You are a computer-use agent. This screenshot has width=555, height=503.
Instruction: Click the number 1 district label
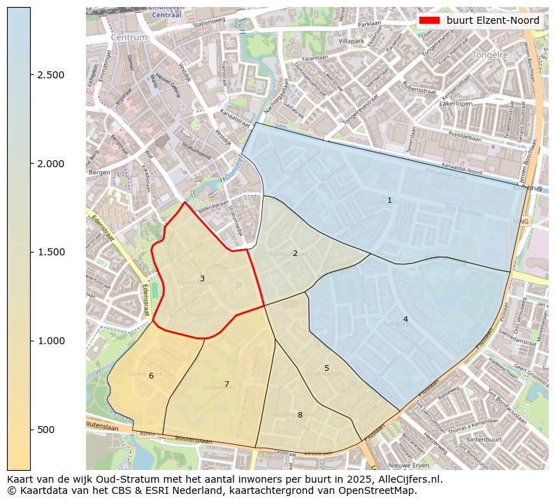point(389,201)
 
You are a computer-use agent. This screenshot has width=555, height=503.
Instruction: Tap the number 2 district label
point(295,253)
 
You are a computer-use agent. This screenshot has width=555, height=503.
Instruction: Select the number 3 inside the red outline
point(202,279)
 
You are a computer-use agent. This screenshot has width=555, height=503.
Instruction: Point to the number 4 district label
point(405,320)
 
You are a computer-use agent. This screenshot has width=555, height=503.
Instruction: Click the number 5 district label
point(326,369)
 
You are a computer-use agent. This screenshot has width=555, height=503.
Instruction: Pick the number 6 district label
point(151,376)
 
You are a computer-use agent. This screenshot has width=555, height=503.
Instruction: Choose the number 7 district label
point(226,384)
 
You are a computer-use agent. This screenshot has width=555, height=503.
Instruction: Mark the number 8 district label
point(300,416)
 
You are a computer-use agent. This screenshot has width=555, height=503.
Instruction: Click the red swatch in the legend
point(429,21)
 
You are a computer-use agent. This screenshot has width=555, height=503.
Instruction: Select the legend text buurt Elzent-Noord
point(493,21)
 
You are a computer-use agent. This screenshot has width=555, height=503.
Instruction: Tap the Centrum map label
point(129,37)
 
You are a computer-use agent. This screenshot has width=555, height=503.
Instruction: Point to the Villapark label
point(352,41)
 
